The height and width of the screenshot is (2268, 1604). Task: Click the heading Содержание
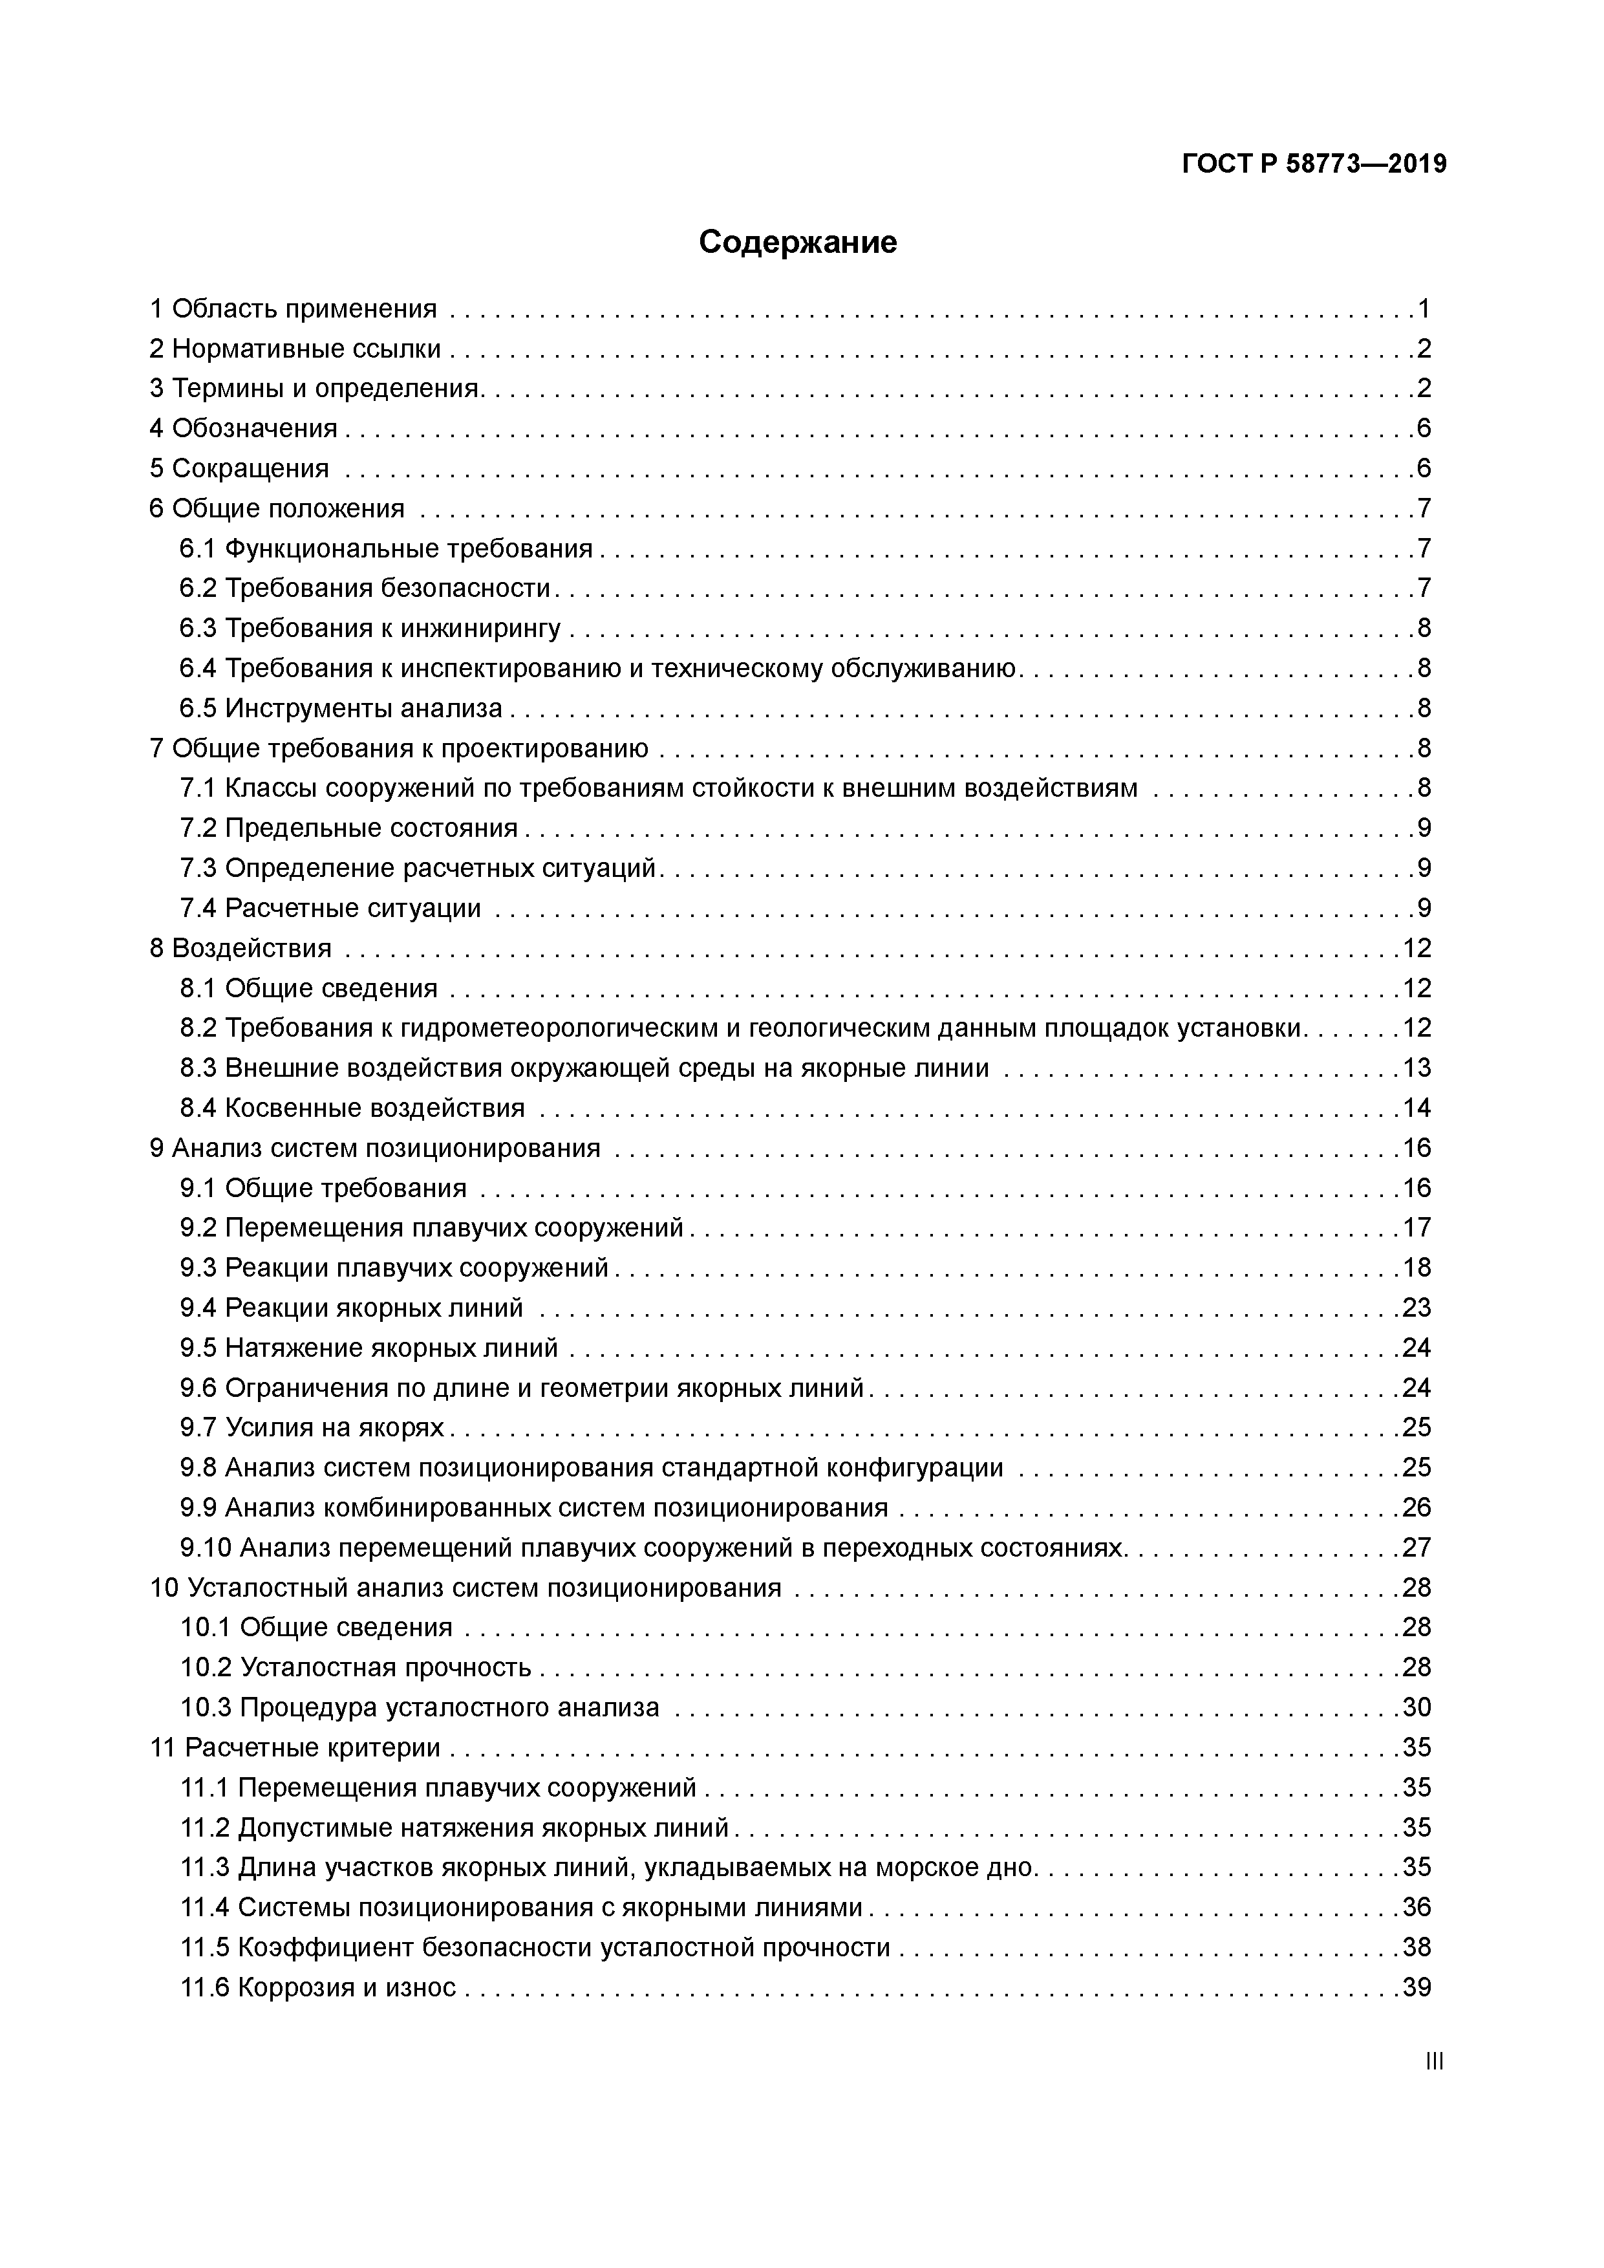pos(797,242)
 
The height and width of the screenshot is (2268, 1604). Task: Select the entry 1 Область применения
pos(294,309)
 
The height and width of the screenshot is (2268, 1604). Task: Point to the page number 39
pos(1417,1987)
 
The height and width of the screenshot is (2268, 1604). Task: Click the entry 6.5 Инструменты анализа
pos(341,708)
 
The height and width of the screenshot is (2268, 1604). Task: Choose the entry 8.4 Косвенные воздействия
pos(352,1107)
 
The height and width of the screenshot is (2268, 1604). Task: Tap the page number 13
pos(1417,1068)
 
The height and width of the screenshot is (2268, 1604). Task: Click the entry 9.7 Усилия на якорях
pos(312,1427)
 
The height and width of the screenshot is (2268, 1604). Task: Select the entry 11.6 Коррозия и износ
pos(318,1987)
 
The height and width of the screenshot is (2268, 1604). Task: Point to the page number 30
pos(1417,1707)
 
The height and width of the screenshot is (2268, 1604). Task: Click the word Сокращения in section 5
pos(250,468)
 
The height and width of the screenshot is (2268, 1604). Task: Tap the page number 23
pos(1417,1308)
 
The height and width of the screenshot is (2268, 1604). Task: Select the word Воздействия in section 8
pos(252,948)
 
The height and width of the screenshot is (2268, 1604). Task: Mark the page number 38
pos(1417,1947)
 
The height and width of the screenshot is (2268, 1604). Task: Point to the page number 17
pos(1417,1228)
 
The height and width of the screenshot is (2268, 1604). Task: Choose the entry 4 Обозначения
pos(244,429)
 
